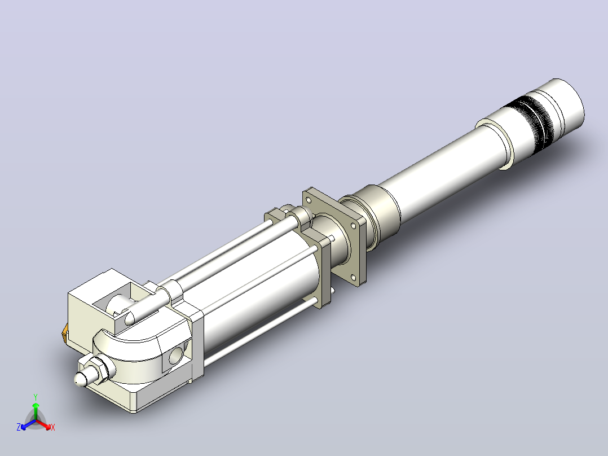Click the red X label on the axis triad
click(x=53, y=427)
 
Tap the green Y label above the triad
click(x=36, y=397)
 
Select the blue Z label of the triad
click(x=19, y=427)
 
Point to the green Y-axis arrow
click(x=36, y=411)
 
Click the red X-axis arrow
click(x=44, y=424)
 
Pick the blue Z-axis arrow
click(x=28, y=424)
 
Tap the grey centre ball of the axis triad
click(x=36, y=420)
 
